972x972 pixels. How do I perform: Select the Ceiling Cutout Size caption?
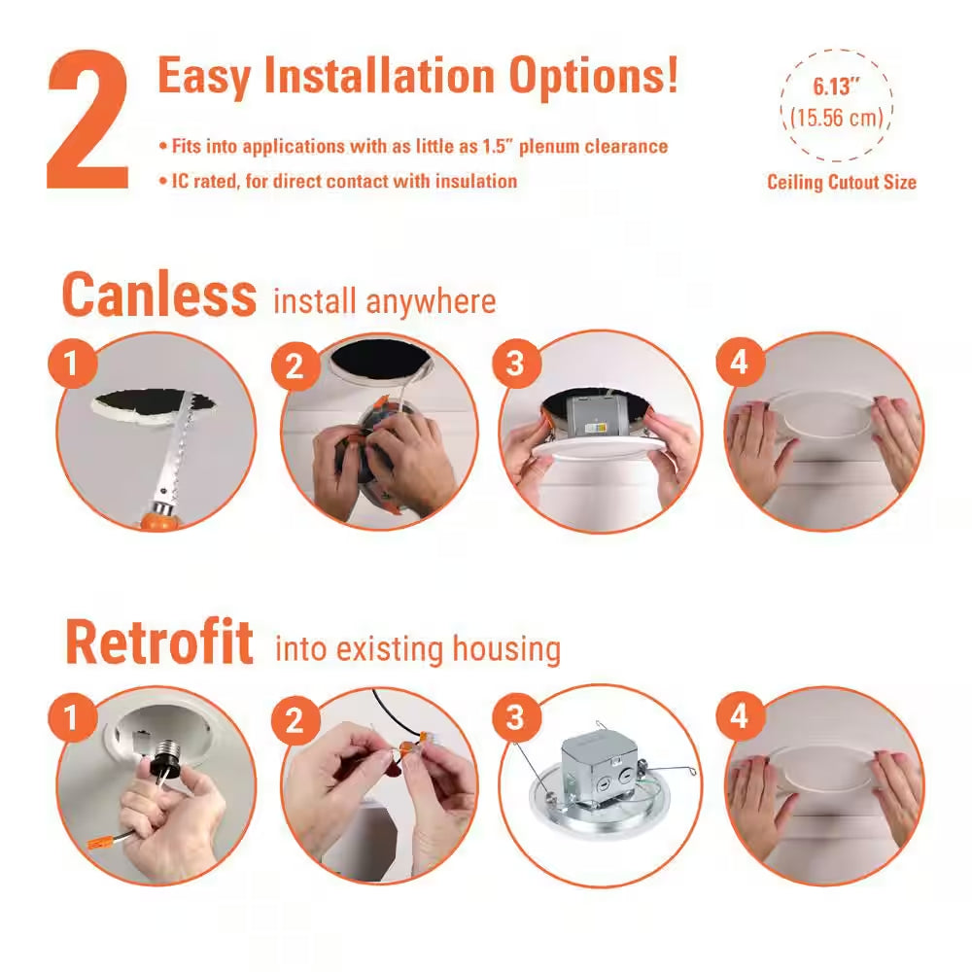841,182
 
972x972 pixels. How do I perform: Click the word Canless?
159,294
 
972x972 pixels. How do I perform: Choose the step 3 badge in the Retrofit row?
514,718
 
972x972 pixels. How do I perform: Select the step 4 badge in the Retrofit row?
739,718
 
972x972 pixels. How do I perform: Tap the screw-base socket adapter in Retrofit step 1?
156,758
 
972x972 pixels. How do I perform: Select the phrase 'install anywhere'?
384,301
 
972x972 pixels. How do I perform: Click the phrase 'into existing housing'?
418,648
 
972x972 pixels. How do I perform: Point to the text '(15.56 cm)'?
837,118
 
